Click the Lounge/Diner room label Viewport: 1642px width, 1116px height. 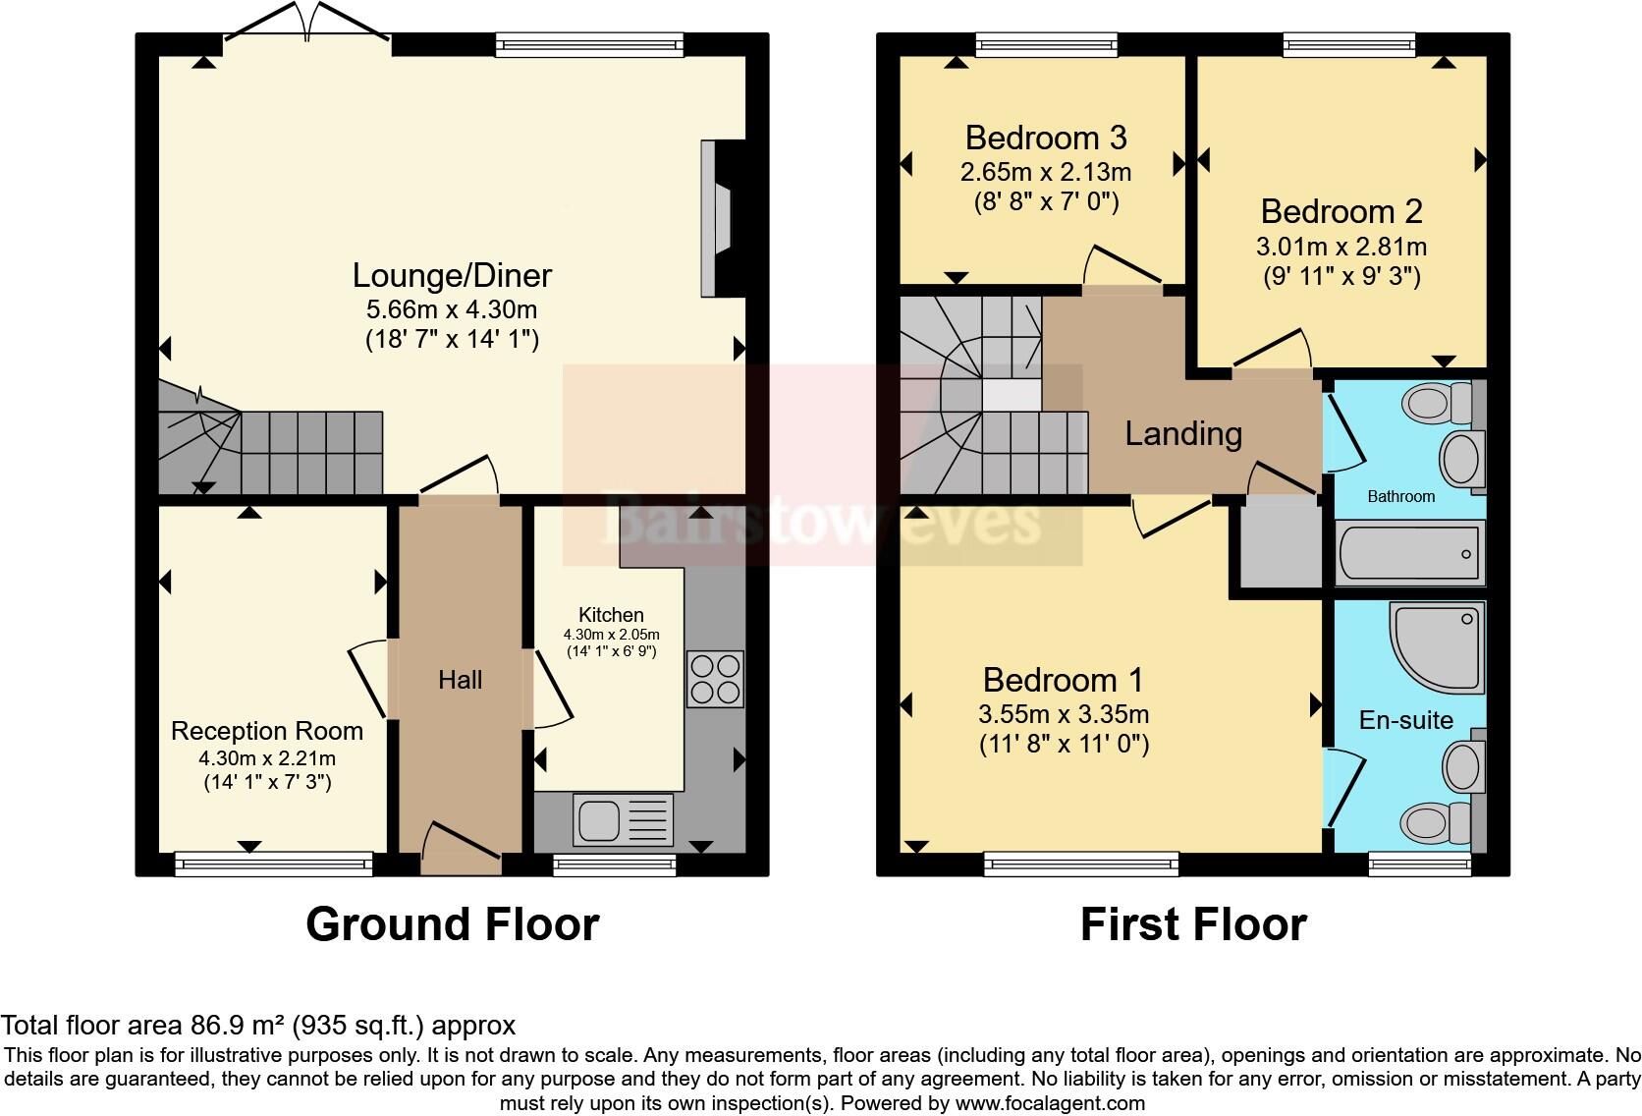[x=452, y=275]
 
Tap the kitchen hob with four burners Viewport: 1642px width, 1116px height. [x=715, y=679]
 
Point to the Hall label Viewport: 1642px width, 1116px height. [x=460, y=680]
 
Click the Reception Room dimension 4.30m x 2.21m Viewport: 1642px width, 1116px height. [x=267, y=758]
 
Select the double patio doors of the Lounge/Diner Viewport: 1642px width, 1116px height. [x=308, y=25]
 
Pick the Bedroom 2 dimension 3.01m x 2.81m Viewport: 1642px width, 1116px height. [x=1341, y=246]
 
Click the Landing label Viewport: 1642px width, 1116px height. [x=1182, y=433]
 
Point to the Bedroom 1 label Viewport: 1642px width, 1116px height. [x=1063, y=680]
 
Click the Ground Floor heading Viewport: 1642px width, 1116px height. [x=452, y=924]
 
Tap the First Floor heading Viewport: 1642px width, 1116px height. [x=1192, y=924]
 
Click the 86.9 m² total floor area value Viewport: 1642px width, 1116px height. [x=237, y=1026]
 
